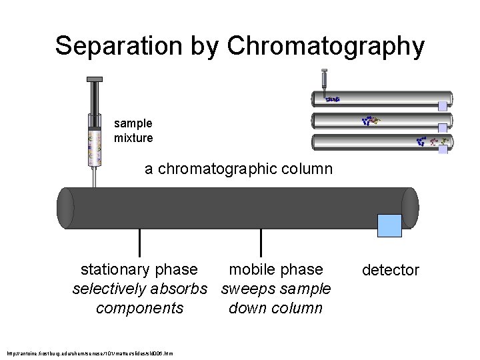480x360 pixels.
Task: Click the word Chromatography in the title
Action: [326, 46]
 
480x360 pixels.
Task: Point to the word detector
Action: [390, 270]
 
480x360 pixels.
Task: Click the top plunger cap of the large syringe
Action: [94, 79]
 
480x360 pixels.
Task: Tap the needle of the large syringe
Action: [94, 177]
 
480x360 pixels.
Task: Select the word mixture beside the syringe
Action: [133, 138]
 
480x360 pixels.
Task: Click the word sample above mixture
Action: [133, 123]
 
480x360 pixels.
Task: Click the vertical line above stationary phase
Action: [139, 242]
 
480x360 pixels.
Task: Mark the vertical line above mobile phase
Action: [261, 242]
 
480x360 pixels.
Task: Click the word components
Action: [139, 308]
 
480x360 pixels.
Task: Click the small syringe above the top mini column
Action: [324, 79]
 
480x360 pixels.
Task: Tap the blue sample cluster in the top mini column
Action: [333, 99]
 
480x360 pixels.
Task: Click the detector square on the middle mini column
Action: [443, 125]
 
